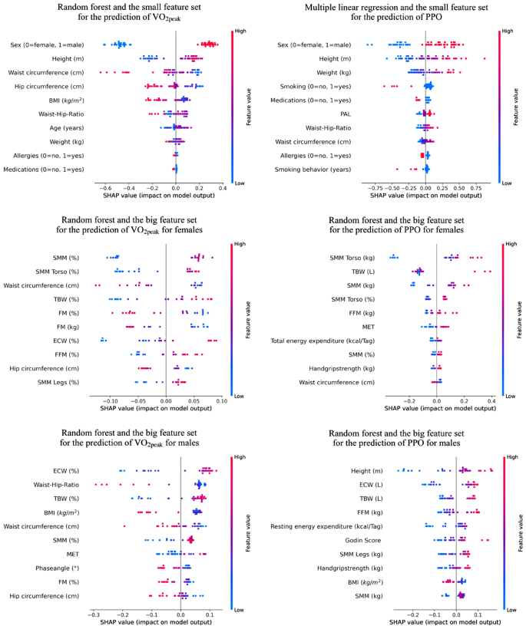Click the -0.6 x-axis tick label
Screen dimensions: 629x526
[104, 186]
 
